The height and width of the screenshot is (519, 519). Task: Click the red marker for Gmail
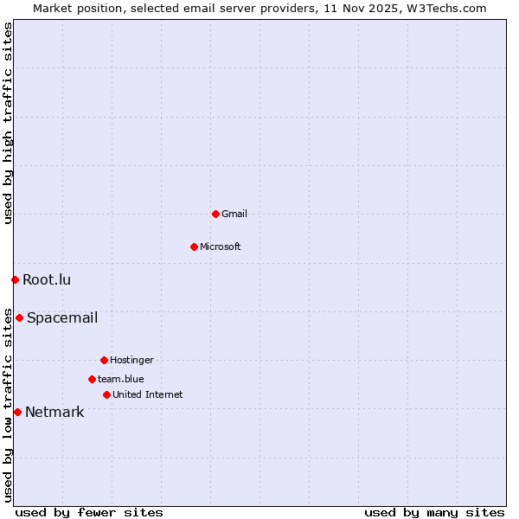(x=215, y=214)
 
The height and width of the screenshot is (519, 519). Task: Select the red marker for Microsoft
(x=194, y=247)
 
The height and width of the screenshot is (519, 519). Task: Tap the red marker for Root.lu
(x=15, y=279)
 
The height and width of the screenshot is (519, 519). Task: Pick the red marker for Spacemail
(x=19, y=317)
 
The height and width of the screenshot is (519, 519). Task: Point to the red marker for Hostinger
(x=104, y=360)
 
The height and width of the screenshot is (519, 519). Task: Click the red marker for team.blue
(x=92, y=379)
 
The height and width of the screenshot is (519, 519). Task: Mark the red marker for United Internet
(x=106, y=394)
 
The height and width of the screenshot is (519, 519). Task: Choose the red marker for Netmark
(x=17, y=412)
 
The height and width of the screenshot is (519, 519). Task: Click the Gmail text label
(x=234, y=214)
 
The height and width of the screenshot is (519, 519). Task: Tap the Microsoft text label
(x=221, y=247)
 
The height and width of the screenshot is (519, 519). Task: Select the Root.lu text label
(x=47, y=279)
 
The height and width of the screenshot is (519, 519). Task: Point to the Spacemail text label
(x=62, y=317)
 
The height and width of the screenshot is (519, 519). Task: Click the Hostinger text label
(x=131, y=360)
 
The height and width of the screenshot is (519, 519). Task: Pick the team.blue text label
(x=121, y=379)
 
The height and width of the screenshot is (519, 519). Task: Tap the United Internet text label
(x=148, y=394)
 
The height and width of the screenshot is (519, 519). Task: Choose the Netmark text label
(x=54, y=412)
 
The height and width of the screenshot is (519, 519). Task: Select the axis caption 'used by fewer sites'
(x=89, y=512)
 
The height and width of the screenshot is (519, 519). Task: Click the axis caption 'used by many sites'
(x=434, y=512)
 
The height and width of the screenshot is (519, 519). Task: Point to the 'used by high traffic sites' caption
(x=8, y=123)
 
